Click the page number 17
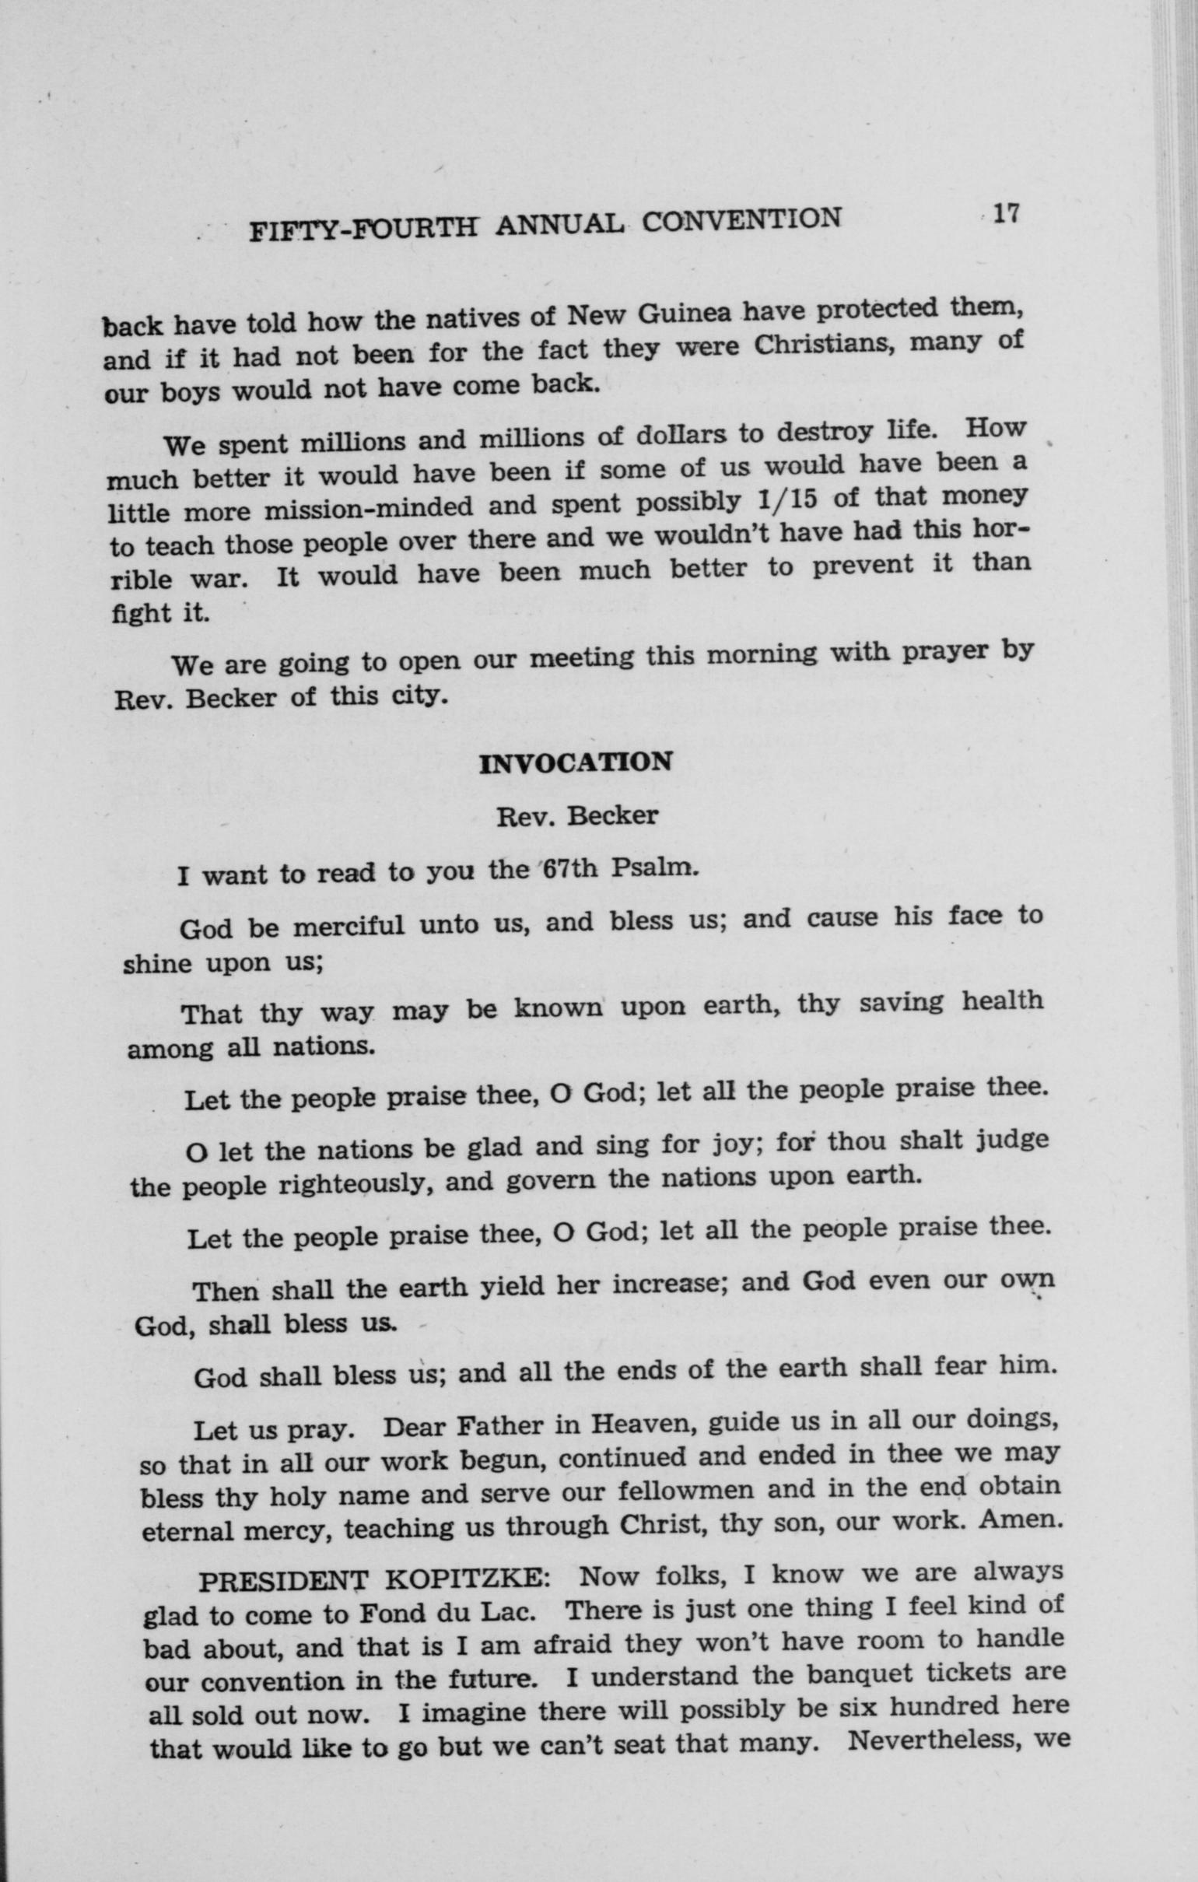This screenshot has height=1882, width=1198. (x=1004, y=212)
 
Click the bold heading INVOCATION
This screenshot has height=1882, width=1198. (x=575, y=762)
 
